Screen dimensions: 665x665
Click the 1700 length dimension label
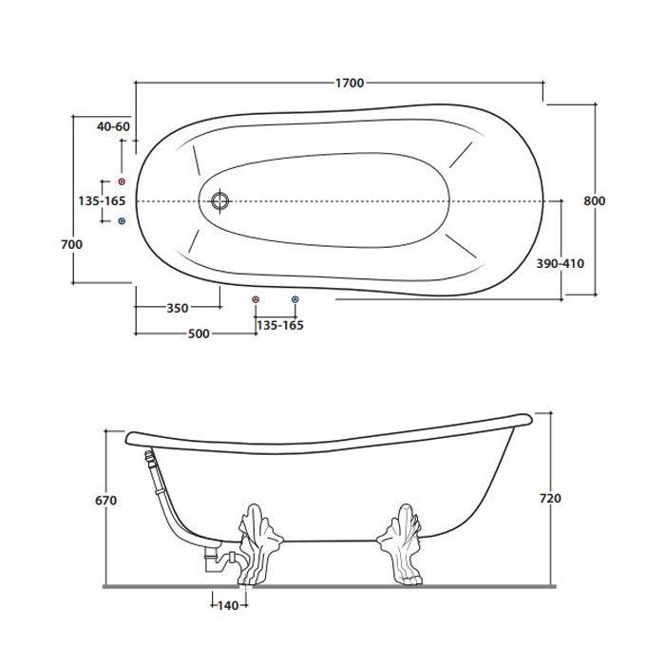point(350,84)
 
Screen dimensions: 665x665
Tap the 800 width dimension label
point(594,200)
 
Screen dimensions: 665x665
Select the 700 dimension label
point(71,244)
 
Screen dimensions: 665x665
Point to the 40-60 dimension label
point(113,126)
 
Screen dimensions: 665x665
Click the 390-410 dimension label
point(560,263)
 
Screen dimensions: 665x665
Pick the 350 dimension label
point(178,308)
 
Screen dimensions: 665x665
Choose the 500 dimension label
point(199,333)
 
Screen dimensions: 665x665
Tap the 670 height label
point(105,501)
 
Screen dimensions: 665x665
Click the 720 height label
point(550,499)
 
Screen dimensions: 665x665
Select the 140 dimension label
point(228,606)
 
